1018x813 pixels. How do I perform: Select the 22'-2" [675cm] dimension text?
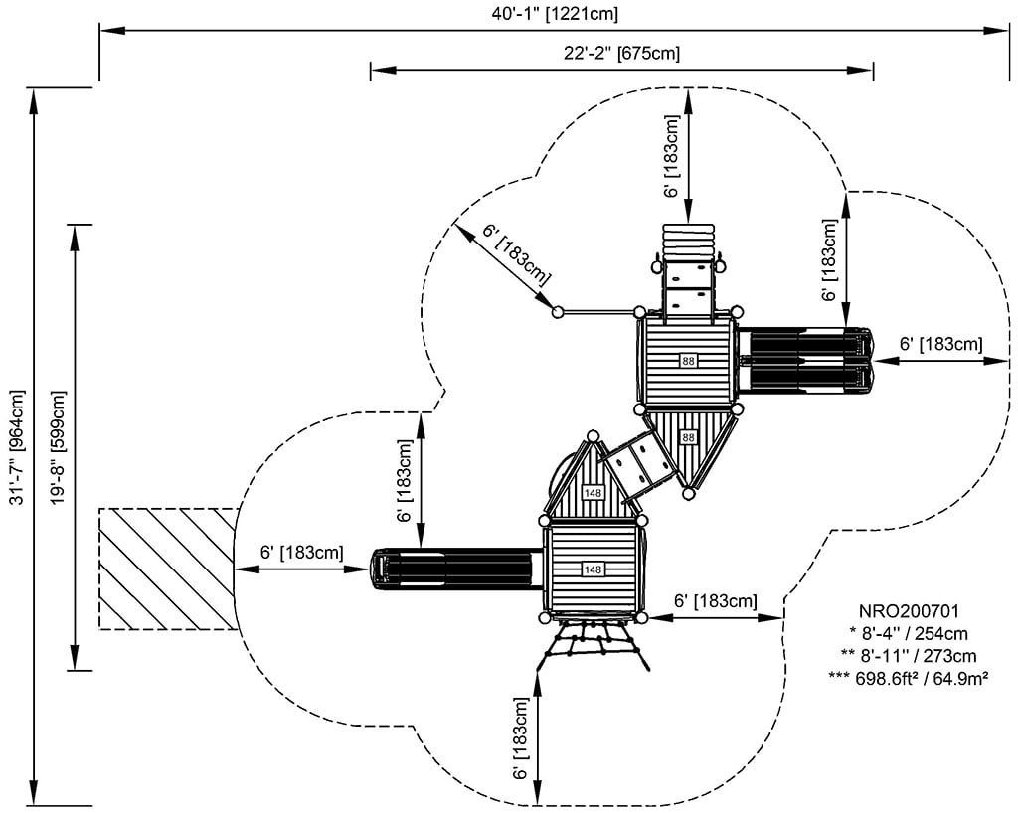(621, 53)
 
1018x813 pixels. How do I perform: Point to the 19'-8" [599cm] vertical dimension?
(59, 447)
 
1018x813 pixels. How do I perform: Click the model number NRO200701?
(909, 610)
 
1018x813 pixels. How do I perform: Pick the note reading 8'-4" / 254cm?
(909, 633)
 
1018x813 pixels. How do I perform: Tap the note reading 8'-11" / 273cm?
(909, 655)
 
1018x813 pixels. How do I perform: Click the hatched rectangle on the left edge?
(168, 569)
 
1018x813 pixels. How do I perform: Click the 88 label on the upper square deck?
(688, 360)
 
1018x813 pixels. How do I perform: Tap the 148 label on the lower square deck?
(594, 569)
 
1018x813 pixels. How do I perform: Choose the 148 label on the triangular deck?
(594, 493)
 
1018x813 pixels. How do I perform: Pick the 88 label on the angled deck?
(688, 437)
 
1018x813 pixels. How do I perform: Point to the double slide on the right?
(804, 360)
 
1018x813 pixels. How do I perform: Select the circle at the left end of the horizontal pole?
(558, 312)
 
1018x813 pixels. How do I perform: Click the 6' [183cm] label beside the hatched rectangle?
(302, 551)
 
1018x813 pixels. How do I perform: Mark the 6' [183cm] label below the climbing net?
(522, 740)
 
